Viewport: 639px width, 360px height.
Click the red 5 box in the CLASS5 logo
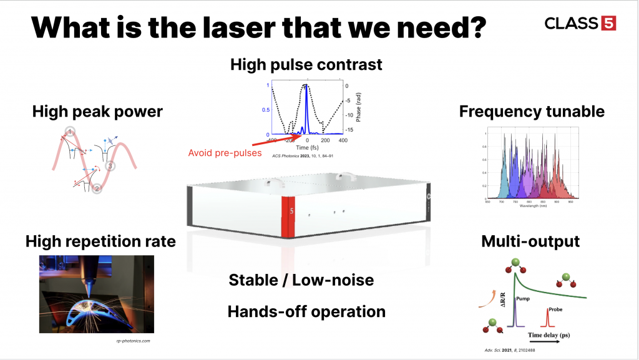click(608, 23)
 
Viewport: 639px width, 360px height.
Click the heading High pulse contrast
click(306, 64)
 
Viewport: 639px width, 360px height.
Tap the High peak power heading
click(97, 112)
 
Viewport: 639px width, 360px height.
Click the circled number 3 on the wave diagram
click(110, 166)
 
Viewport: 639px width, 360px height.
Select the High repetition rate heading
click(100, 241)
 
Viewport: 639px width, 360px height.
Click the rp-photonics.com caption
click(135, 341)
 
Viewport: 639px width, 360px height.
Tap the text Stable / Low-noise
click(301, 280)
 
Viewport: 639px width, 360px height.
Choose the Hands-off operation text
click(306, 311)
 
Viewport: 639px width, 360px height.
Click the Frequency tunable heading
click(532, 112)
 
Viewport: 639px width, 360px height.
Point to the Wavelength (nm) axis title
click(532, 205)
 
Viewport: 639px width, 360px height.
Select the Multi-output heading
click(531, 241)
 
